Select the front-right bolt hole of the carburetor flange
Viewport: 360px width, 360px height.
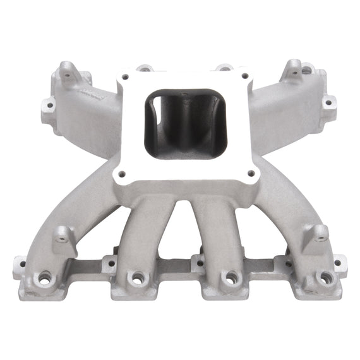coord(251,172)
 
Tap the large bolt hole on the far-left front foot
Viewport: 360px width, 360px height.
coord(45,277)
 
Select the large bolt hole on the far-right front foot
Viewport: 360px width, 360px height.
coord(325,277)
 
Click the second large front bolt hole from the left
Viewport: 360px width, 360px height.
coord(137,277)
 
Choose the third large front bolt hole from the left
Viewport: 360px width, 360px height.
coord(232,277)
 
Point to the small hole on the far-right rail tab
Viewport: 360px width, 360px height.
coord(338,261)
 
